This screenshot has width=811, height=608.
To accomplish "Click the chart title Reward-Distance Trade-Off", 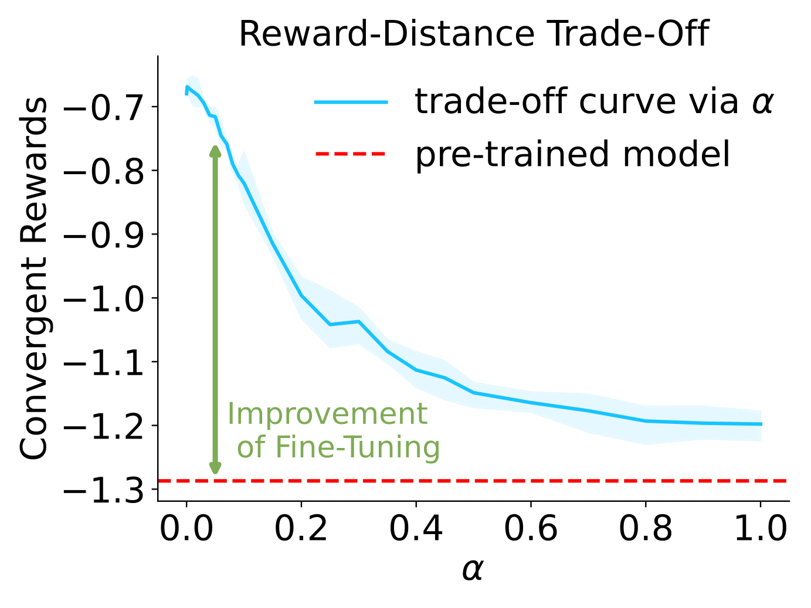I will pyautogui.click(x=473, y=34).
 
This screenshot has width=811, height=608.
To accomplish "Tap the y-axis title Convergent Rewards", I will pyautogui.click(x=33, y=278).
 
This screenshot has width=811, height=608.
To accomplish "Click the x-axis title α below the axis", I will pyautogui.click(x=473, y=569).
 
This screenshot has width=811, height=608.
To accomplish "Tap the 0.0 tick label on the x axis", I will pyautogui.click(x=186, y=529).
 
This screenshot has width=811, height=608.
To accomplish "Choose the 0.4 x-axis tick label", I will pyautogui.click(x=416, y=529).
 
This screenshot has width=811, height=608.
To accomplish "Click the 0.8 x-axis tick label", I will pyautogui.click(x=646, y=529).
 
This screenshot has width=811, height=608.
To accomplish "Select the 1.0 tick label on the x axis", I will pyautogui.click(x=760, y=529).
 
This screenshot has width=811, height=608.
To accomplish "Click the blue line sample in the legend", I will pyautogui.click(x=351, y=102).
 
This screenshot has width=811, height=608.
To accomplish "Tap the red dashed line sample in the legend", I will pyautogui.click(x=351, y=154).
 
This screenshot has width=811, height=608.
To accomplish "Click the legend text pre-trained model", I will pyautogui.click(x=573, y=154).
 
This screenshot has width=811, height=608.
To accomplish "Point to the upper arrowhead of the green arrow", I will pyautogui.click(x=215, y=151).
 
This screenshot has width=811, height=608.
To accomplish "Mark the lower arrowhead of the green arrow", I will pyautogui.click(x=215, y=468).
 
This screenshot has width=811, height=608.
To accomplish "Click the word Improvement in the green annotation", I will pyautogui.click(x=327, y=414).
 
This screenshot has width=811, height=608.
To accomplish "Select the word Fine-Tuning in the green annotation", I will pyautogui.click(x=357, y=447).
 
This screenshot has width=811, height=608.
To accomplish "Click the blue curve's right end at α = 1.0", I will pyautogui.click(x=761, y=424).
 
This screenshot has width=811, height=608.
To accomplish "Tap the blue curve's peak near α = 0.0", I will pyautogui.click(x=187, y=87).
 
